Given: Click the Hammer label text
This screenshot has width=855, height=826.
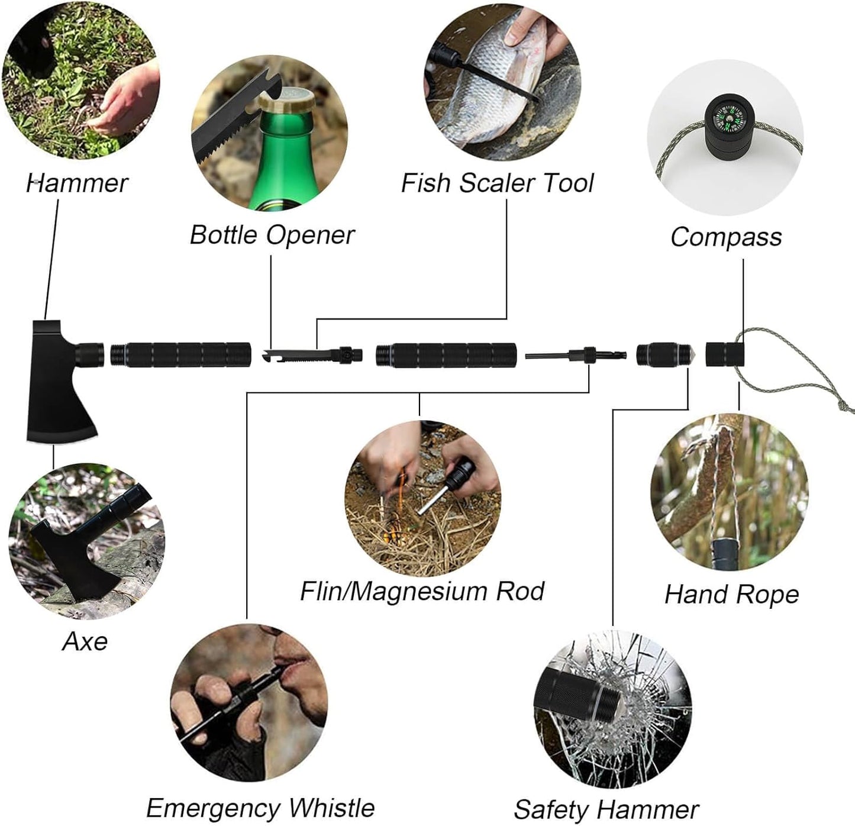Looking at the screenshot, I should (77, 183).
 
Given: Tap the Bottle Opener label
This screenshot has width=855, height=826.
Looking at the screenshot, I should (272, 235).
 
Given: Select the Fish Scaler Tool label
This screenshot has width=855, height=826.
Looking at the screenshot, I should (497, 183).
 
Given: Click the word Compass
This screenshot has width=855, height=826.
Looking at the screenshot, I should (726, 237).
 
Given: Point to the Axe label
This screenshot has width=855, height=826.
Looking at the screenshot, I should (85, 641).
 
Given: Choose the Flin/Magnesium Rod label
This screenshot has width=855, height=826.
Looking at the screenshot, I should (422, 591).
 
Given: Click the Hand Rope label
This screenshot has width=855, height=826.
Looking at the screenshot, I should (731, 594).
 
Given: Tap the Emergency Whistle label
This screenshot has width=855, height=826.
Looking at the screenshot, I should (260, 808).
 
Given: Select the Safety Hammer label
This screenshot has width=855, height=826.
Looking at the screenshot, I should (606, 809).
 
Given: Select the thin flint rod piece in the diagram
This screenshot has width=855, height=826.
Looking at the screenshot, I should (547, 356).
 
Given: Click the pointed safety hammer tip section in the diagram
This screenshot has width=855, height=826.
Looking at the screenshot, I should (666, 354).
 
